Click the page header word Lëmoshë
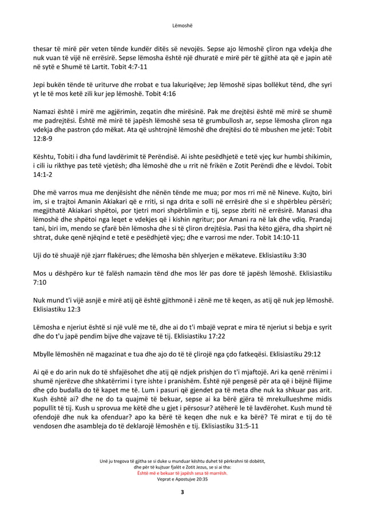(x=182, y=25)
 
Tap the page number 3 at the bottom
(x=182, y=492)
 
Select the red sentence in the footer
(x=182, y=473)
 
